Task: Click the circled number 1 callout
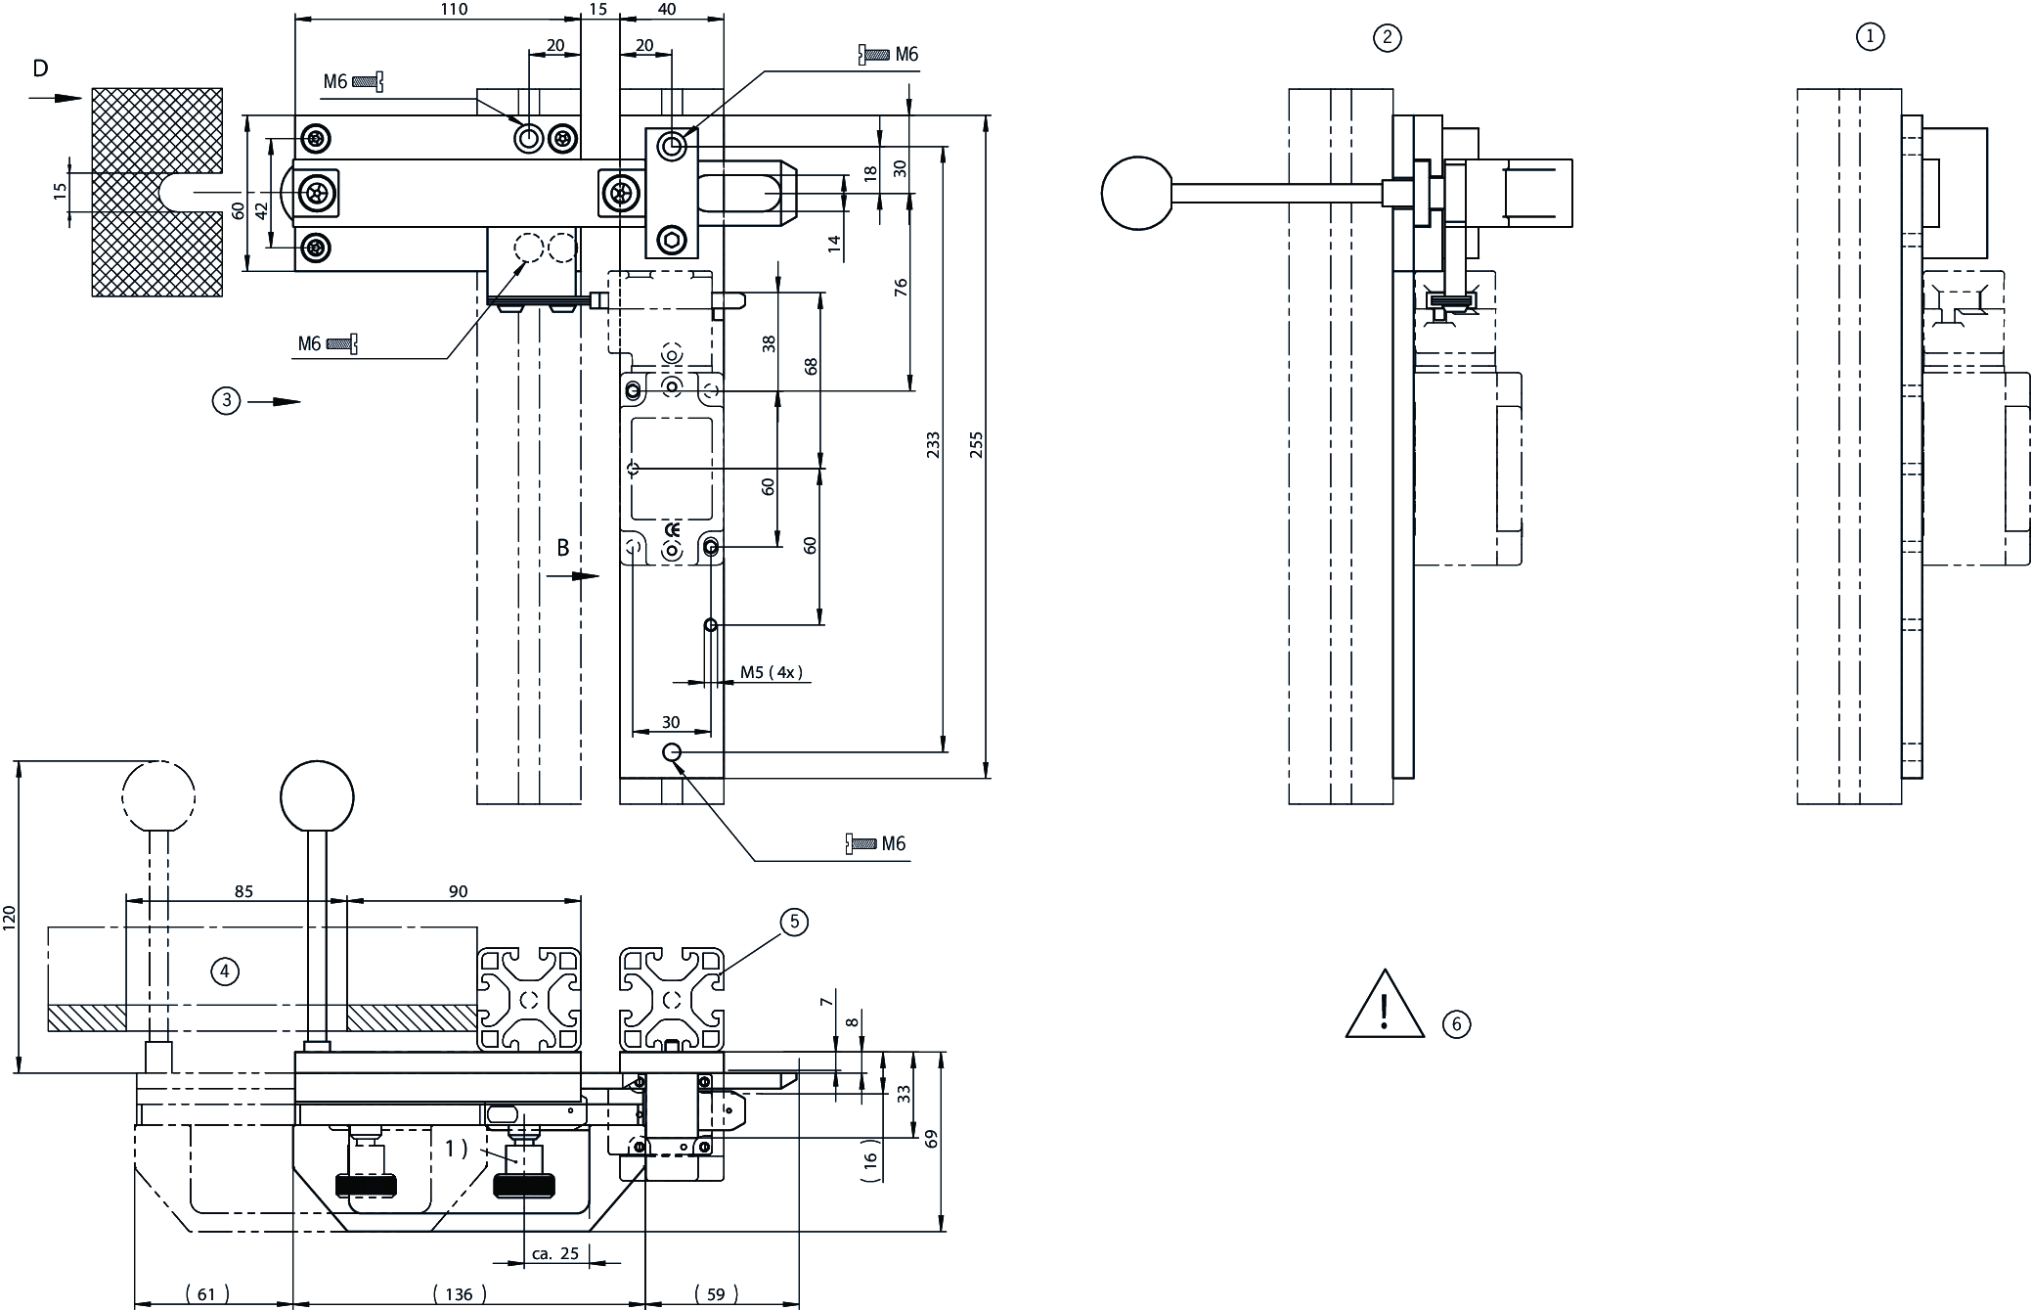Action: [x=1869, y=37]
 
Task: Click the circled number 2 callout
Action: [x=1387, y=38]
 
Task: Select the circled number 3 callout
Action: [x=226, y=400]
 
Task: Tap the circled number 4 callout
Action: [x=225, y=971]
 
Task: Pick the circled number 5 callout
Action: [x=794, y=922]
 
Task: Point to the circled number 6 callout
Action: [x=1456, y=1024]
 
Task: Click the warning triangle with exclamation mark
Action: [x=1384, y=1007]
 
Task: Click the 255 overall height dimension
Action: [x=975, y=445]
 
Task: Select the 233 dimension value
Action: [x=933, y=445]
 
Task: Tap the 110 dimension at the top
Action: [x=454, y=10]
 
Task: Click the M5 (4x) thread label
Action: [x=771, y=672]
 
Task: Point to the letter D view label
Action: [x=40, y=68]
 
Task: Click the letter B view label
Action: [x=563, y=549]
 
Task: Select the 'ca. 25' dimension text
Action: [x=554, y=1254]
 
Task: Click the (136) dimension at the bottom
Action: [x=459, y=1294]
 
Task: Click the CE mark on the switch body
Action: [x=672, y=531]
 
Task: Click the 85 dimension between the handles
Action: [x=243, y=891]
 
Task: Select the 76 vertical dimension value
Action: [x=901, y=288]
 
